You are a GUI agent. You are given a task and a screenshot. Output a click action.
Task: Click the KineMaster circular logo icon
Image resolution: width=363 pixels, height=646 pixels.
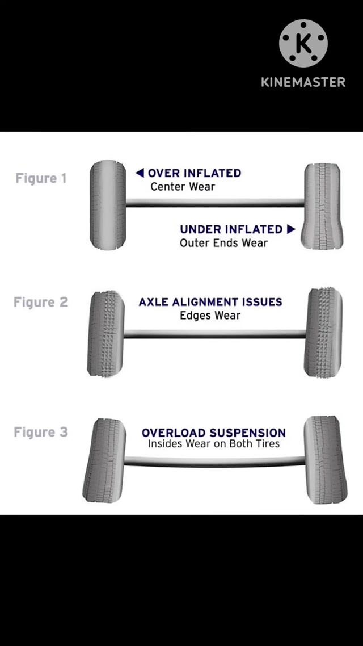click(303, 44)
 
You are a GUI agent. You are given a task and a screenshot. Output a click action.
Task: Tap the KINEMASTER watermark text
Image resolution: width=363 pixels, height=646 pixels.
click(303, 82)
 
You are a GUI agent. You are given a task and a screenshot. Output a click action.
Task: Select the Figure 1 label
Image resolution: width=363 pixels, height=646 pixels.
click(41, 178)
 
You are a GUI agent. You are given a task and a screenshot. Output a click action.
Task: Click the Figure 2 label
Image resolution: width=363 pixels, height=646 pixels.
click(41, 302)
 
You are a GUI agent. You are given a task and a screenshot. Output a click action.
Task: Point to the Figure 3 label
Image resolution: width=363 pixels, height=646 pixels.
click(41, 432)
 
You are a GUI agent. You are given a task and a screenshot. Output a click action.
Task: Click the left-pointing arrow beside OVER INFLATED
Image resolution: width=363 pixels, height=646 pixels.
click(140, 173)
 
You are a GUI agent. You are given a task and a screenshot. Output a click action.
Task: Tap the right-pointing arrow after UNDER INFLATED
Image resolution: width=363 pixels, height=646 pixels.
click(291, 229)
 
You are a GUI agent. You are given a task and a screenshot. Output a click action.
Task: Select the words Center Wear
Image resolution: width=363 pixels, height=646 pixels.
click(183, 186)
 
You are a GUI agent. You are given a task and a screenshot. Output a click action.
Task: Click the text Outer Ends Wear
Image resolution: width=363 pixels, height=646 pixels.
click(223, 243)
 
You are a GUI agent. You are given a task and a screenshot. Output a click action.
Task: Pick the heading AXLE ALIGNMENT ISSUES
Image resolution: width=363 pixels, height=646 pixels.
click(210, 302)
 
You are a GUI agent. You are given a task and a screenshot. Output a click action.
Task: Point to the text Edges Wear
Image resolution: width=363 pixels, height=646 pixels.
click(210, 316)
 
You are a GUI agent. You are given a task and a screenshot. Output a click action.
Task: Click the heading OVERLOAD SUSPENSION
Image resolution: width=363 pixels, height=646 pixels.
click(214, 433)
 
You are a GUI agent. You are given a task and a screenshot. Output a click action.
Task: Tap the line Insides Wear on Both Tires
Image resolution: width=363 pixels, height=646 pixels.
click(214, 444)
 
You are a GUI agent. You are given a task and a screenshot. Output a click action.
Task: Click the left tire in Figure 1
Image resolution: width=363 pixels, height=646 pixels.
click(108, 205)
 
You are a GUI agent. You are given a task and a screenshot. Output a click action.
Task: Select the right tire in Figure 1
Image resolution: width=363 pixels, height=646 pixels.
click(322, 205)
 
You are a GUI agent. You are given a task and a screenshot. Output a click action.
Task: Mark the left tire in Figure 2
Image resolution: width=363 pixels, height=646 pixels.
click(105, 334)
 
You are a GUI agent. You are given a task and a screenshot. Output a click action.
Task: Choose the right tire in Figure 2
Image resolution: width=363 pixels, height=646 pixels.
click(323, 333)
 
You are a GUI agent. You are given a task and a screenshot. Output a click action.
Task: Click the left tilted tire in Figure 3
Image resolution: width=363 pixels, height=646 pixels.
click(104, 460)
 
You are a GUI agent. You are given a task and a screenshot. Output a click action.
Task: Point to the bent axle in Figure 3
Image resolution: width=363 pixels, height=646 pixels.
click(214, 461)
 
